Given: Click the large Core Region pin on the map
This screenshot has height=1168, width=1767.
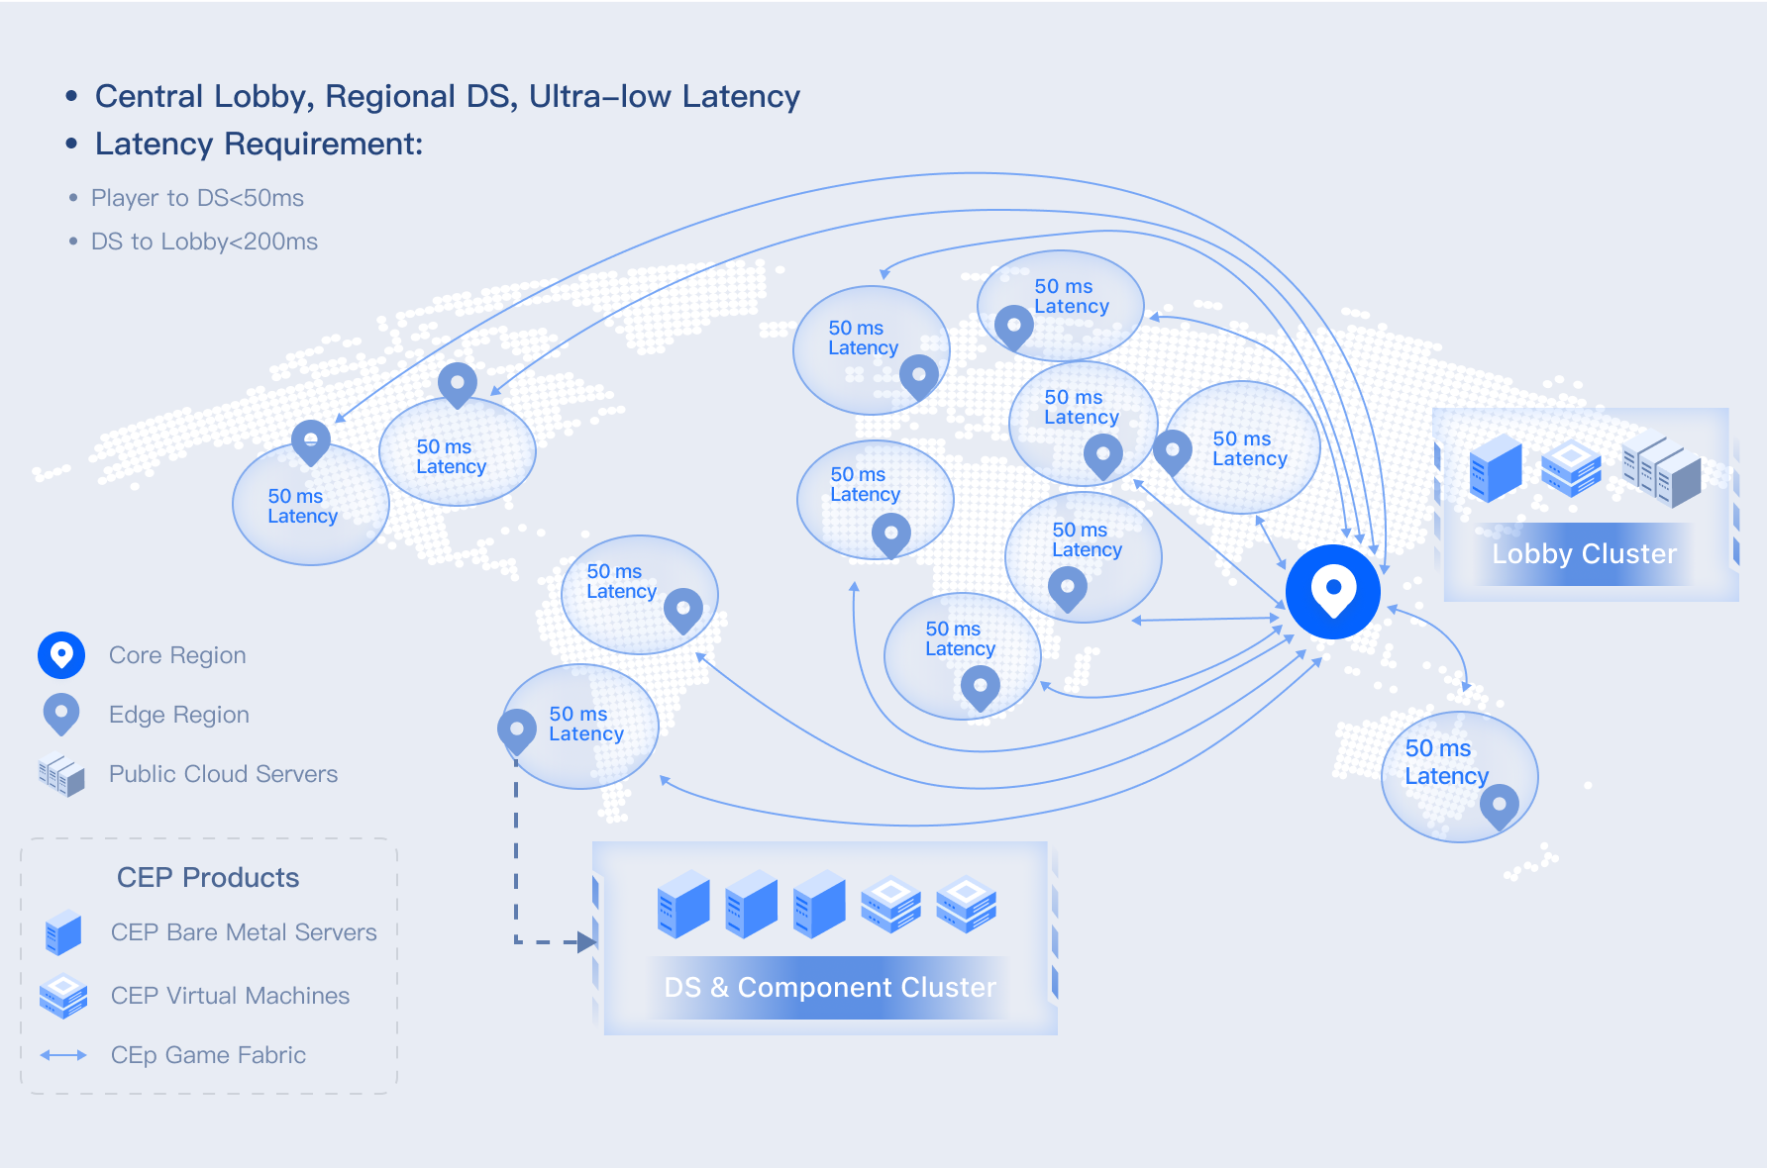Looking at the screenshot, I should pyautogui.click(x=1332, y=591).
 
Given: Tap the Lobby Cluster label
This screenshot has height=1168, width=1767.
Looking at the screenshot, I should pyautogui.click(x=1584, y=553).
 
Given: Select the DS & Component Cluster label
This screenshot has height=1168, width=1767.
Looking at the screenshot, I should pyautogui.click(x=829, y=987).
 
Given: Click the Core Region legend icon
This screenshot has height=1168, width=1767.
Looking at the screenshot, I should pyautogui.click(x=61, y=654).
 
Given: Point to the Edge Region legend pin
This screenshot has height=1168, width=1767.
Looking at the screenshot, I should pyautogui.click(x=61, y=713).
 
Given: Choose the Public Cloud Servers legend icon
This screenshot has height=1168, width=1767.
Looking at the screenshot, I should pyautogui.click(x=61, y=775).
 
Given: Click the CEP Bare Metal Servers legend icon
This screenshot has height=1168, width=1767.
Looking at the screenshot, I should pyautogui.click(x=63, y=932).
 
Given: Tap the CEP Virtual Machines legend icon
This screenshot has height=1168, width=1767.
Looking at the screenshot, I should pyautogui.click(x=63, y=996).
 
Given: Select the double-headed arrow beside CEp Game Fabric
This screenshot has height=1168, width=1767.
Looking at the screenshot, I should pyautogui.click(x=63, y=1055).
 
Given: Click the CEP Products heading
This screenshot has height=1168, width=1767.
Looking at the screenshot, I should pyautogui.click(x=208, y=877).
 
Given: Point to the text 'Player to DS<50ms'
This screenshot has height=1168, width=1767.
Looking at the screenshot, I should pyautogui.click(x=197, y=198).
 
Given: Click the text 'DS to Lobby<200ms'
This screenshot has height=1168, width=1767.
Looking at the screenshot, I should pyautogui.click(x=204, y=242).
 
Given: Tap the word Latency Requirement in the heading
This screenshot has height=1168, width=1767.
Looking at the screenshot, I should pyautogui.click(x=259, y=145).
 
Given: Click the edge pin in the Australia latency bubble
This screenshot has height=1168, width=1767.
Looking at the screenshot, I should pyautogui.click(x=1499, y=805).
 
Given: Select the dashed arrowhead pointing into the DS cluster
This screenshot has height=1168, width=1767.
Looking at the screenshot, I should pyautogui.click(x=586, y=942).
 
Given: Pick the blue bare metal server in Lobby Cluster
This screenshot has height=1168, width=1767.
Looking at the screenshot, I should pyautogui.click(x=1496, y=467).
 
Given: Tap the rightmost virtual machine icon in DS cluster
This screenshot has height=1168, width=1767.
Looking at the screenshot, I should pyautogui.click(x=966, y=903).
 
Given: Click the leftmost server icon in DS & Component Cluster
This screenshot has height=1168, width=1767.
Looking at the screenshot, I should pyautogui.click(x=683, y=904).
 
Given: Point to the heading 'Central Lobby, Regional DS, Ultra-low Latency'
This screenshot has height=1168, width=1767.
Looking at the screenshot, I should pyautogui.click(x=447, y=96).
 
